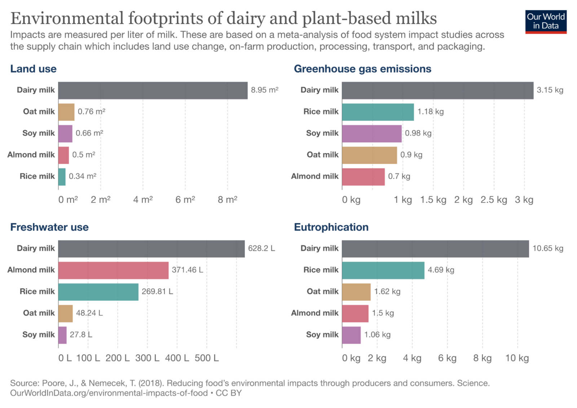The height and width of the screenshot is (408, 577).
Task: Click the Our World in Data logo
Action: point(546,22)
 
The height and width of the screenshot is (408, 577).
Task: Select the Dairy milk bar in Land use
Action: point(153,90)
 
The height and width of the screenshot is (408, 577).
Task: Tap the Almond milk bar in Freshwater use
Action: point(113,270)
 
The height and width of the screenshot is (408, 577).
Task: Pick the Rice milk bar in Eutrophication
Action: point(383,270)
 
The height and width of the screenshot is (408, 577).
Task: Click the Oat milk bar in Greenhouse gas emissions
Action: point(369,155)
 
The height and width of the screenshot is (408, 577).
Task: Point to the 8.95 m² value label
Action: point(264,90)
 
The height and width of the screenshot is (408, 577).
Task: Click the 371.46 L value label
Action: point(187,270)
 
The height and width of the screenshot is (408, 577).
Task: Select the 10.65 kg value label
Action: point(547,248)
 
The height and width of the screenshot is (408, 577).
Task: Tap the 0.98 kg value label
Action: point(418,133)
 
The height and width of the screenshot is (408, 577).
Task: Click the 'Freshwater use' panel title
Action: point(49,227)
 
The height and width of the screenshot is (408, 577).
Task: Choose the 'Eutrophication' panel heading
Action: point(331,227)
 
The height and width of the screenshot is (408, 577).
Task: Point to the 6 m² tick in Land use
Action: point(185,200)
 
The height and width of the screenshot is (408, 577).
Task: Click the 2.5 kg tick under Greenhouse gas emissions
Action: point(493,200)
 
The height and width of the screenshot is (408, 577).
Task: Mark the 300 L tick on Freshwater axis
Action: point(147,358)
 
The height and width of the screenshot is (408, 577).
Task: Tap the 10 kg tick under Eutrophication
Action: point(517,358)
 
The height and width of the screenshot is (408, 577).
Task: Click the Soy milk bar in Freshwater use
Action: point(62,335)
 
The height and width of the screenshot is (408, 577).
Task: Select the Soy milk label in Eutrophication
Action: point(322,335)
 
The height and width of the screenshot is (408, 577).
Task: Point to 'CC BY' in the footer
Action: point(229,393)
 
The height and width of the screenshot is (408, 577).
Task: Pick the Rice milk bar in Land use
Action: point(62,177)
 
